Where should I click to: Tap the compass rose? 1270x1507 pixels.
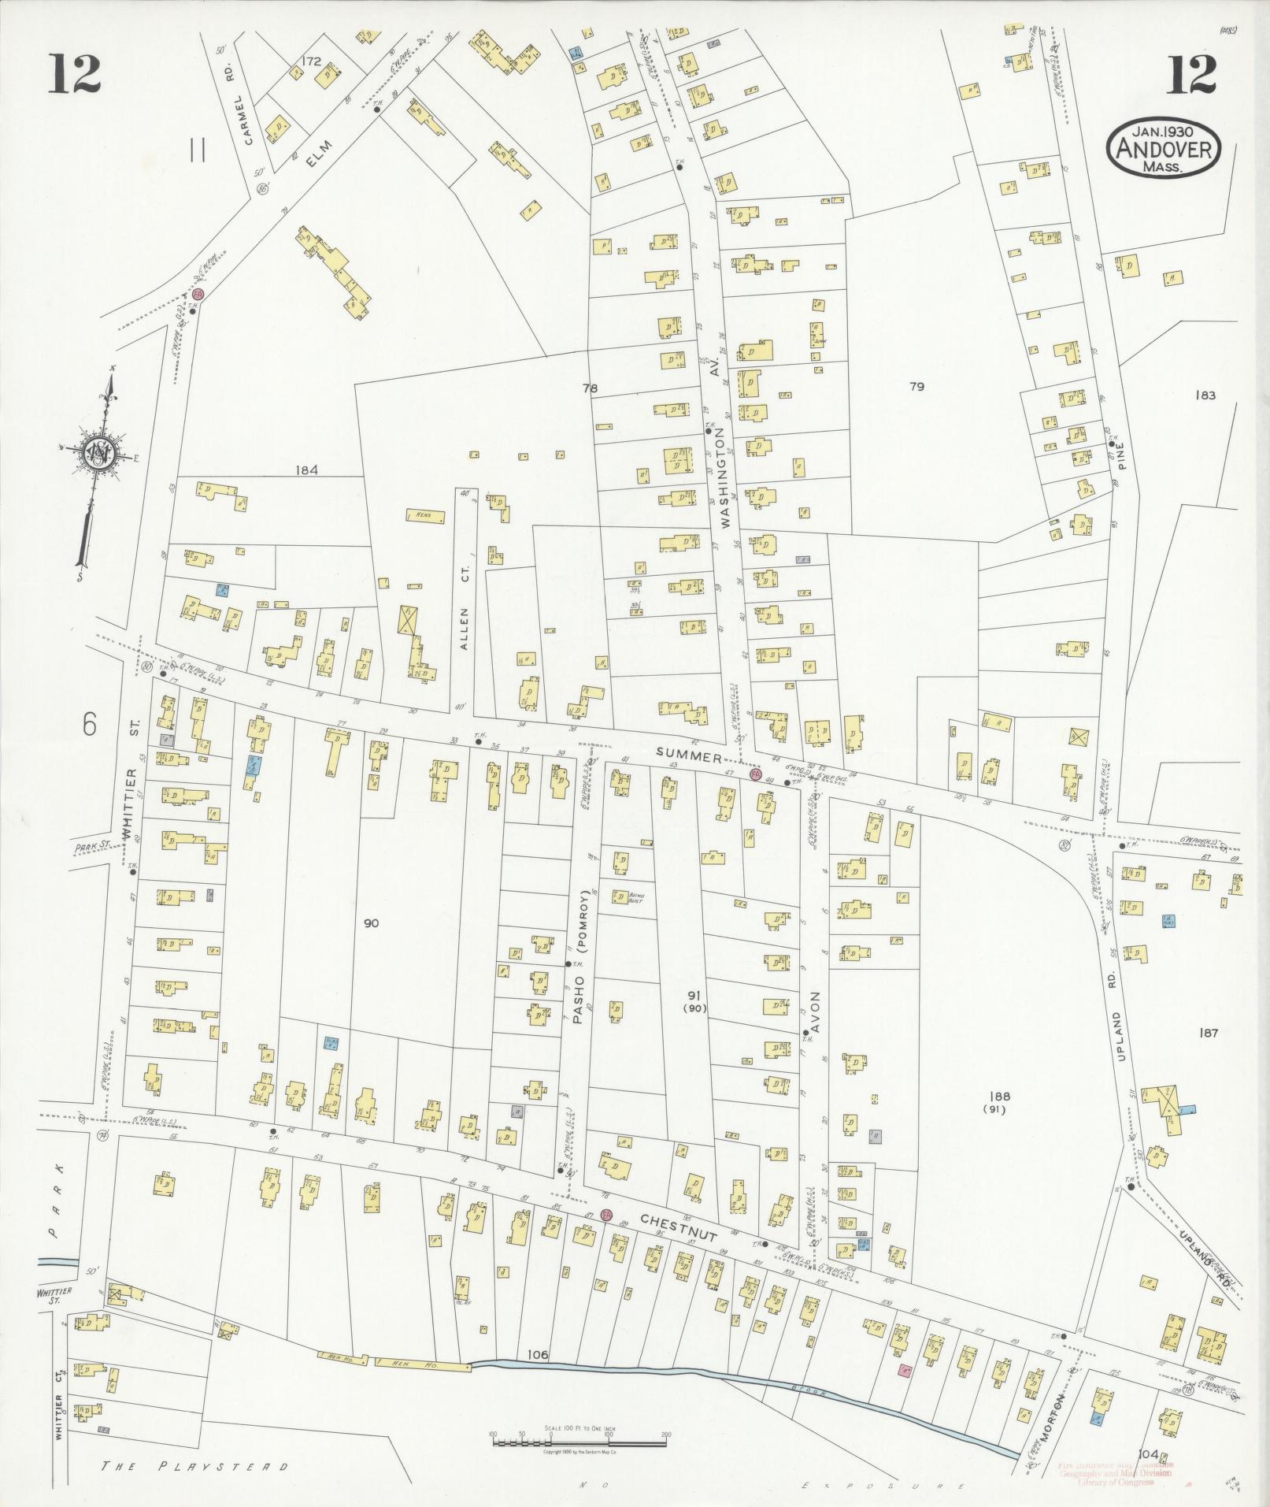pos(99,455)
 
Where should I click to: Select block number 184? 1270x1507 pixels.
pos(306,470)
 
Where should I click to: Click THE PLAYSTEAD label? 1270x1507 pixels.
pos(196,1467)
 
